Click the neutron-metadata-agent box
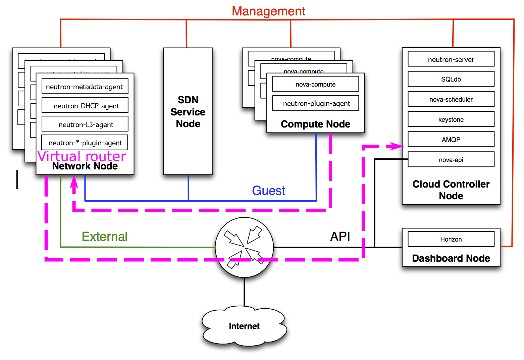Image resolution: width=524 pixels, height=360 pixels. (85, 87)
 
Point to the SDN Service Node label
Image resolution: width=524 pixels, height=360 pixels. (188, 112)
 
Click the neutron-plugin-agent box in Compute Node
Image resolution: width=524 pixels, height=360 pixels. (315, 103)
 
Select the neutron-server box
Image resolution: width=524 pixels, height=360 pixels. (451, 59)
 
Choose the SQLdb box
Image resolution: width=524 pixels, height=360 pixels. (451, 79)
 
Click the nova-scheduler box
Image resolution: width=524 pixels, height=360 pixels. (451, 99)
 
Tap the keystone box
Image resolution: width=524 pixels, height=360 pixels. (451, 119)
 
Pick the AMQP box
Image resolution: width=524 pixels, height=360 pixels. (451, 140)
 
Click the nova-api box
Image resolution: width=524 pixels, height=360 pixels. (451, 160)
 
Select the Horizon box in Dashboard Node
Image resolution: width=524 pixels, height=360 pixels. (451, 239)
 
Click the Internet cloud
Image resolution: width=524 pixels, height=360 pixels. (244, 326)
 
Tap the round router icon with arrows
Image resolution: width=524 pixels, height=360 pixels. (244, 248)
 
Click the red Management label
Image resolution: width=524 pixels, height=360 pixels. (268, 11)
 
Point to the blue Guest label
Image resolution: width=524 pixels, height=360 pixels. (268, 191)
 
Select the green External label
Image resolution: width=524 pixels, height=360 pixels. (104, 237)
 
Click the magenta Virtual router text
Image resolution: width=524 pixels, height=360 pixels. (82, 156)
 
